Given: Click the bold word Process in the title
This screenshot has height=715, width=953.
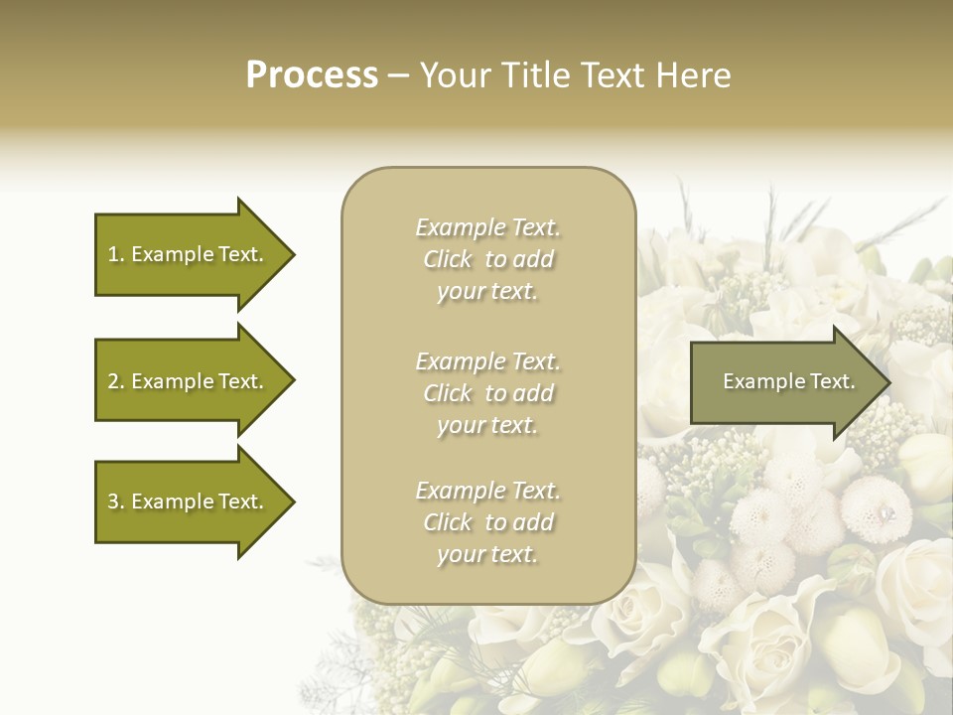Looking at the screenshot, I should (312, 75).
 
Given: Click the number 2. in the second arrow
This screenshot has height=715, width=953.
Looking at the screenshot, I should (116, 381).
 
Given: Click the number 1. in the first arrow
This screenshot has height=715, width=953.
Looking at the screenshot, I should (116, 254).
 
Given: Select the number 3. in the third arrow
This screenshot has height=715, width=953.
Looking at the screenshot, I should (116, 501).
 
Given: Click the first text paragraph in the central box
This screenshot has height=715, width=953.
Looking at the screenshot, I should (487, 259).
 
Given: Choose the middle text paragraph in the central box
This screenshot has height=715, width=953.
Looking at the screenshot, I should (487, 393).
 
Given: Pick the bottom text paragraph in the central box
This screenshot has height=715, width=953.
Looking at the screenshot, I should (487, 522).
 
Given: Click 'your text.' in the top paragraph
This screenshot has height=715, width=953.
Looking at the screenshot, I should (487, 292).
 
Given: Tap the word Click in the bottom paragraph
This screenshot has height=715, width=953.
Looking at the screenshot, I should (448, 522).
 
